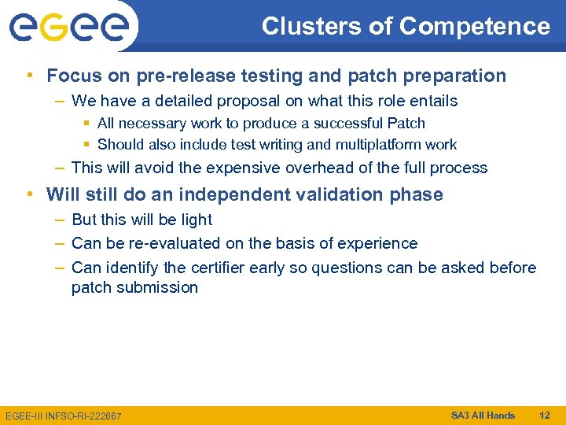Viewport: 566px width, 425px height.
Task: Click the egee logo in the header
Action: pyautogui.click(x=69, y=28)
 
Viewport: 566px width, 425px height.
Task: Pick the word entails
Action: pyautogui.click(x=432, y=101)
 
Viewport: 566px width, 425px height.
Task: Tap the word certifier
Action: pyautogui.click(x=207, y=268)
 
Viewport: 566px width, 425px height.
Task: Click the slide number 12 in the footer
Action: pyautogui.click(x=543, y=415)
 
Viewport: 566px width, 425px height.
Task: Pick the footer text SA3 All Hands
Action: pyautogui.click(x=483, y=415)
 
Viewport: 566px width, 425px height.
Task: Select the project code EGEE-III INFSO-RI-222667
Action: pyautogui.click(x=63, y=416)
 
